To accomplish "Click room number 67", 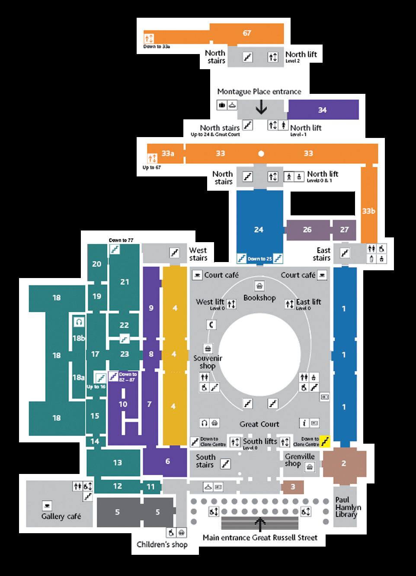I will point(247,33).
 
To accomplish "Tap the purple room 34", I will point(323,110).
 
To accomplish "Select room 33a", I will point(168,153).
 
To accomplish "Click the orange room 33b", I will point(368,211).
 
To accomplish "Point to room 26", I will point(307,229).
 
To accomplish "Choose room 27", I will point(344,229).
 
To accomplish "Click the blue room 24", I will point(259,229).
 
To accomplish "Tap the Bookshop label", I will point(259,298).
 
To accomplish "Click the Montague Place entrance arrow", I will point(261,107).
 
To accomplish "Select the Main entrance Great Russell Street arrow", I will point(260,524).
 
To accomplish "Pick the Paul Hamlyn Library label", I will point(346,507).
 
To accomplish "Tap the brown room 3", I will point(293,486).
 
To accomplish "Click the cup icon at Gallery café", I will point(47,505).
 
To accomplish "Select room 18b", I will point(78,338).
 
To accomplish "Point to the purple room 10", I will point(123,404).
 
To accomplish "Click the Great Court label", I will point(259,424).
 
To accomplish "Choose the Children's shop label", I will point(162,544).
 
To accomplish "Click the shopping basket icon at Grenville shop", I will point(310,467).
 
